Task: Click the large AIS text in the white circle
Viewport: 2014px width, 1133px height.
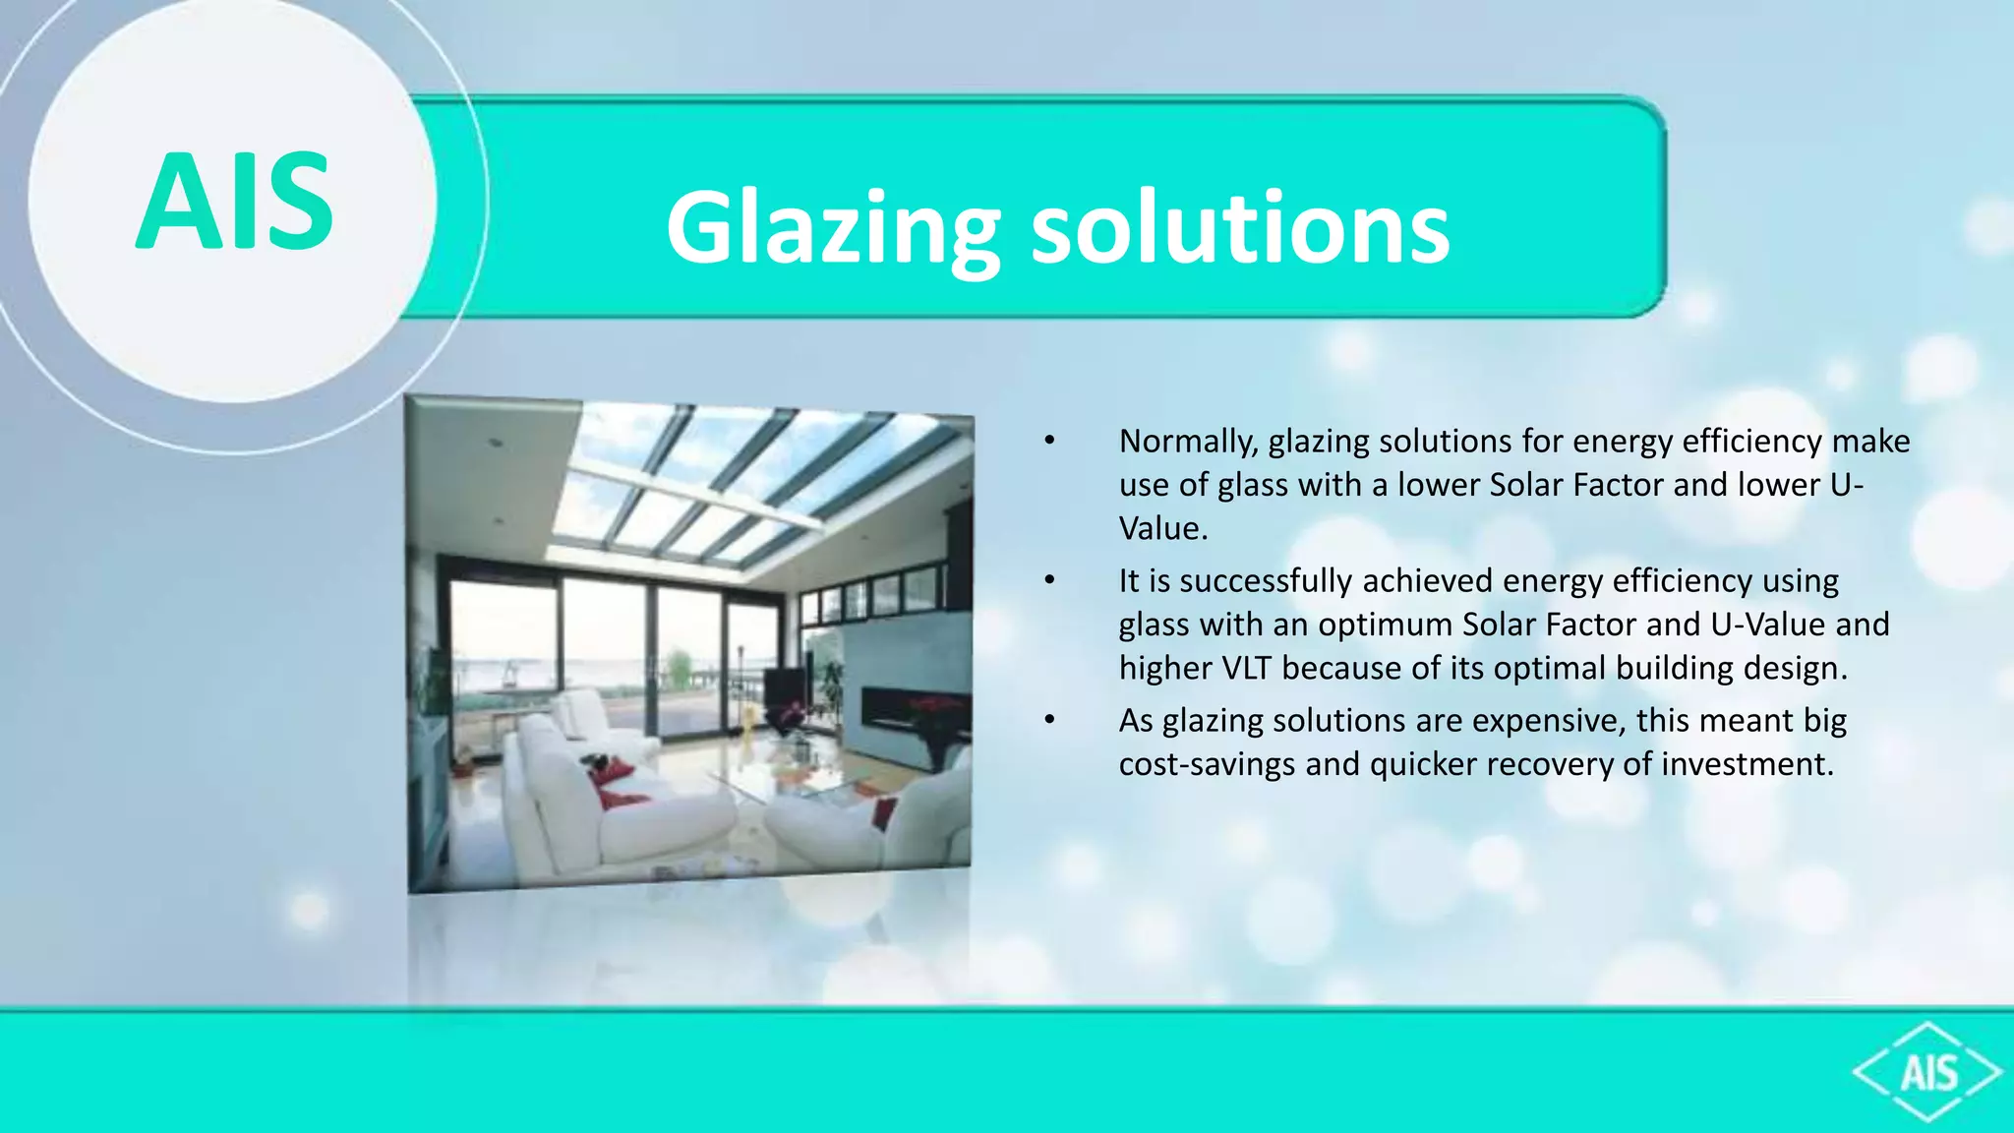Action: point(234,202)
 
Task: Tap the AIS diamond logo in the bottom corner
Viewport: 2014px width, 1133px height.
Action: point(1927,1072)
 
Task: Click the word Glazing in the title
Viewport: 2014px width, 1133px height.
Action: point(832,228)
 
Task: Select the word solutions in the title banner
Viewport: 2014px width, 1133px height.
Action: point(1239,228)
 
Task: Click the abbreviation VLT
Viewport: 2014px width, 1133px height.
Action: point(1247,669)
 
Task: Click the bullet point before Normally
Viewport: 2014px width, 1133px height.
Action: point(1050,442)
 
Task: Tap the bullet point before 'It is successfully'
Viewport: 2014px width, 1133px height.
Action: point(1050,581)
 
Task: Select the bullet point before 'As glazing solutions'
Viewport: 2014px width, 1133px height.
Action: point(1050,721)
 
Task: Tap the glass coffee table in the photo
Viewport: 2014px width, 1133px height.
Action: point(777,777)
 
